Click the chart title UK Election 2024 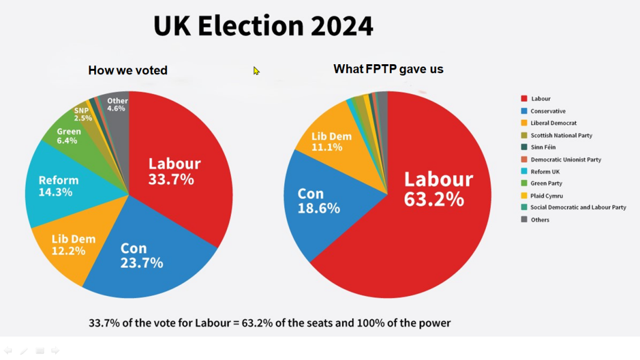263,26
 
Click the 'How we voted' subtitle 128,70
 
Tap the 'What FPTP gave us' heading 388,69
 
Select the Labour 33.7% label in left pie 174,171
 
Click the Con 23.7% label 142,256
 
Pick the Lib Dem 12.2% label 73,245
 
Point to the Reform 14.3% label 58,186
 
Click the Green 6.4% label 68,136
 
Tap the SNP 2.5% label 82,115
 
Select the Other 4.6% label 117,105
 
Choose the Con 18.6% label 318,201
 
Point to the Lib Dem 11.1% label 331,142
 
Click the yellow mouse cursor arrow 256,71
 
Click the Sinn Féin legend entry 542,147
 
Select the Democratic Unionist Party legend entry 565,160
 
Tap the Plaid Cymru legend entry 546,196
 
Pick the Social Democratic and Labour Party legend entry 578,208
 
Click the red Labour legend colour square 524,98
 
